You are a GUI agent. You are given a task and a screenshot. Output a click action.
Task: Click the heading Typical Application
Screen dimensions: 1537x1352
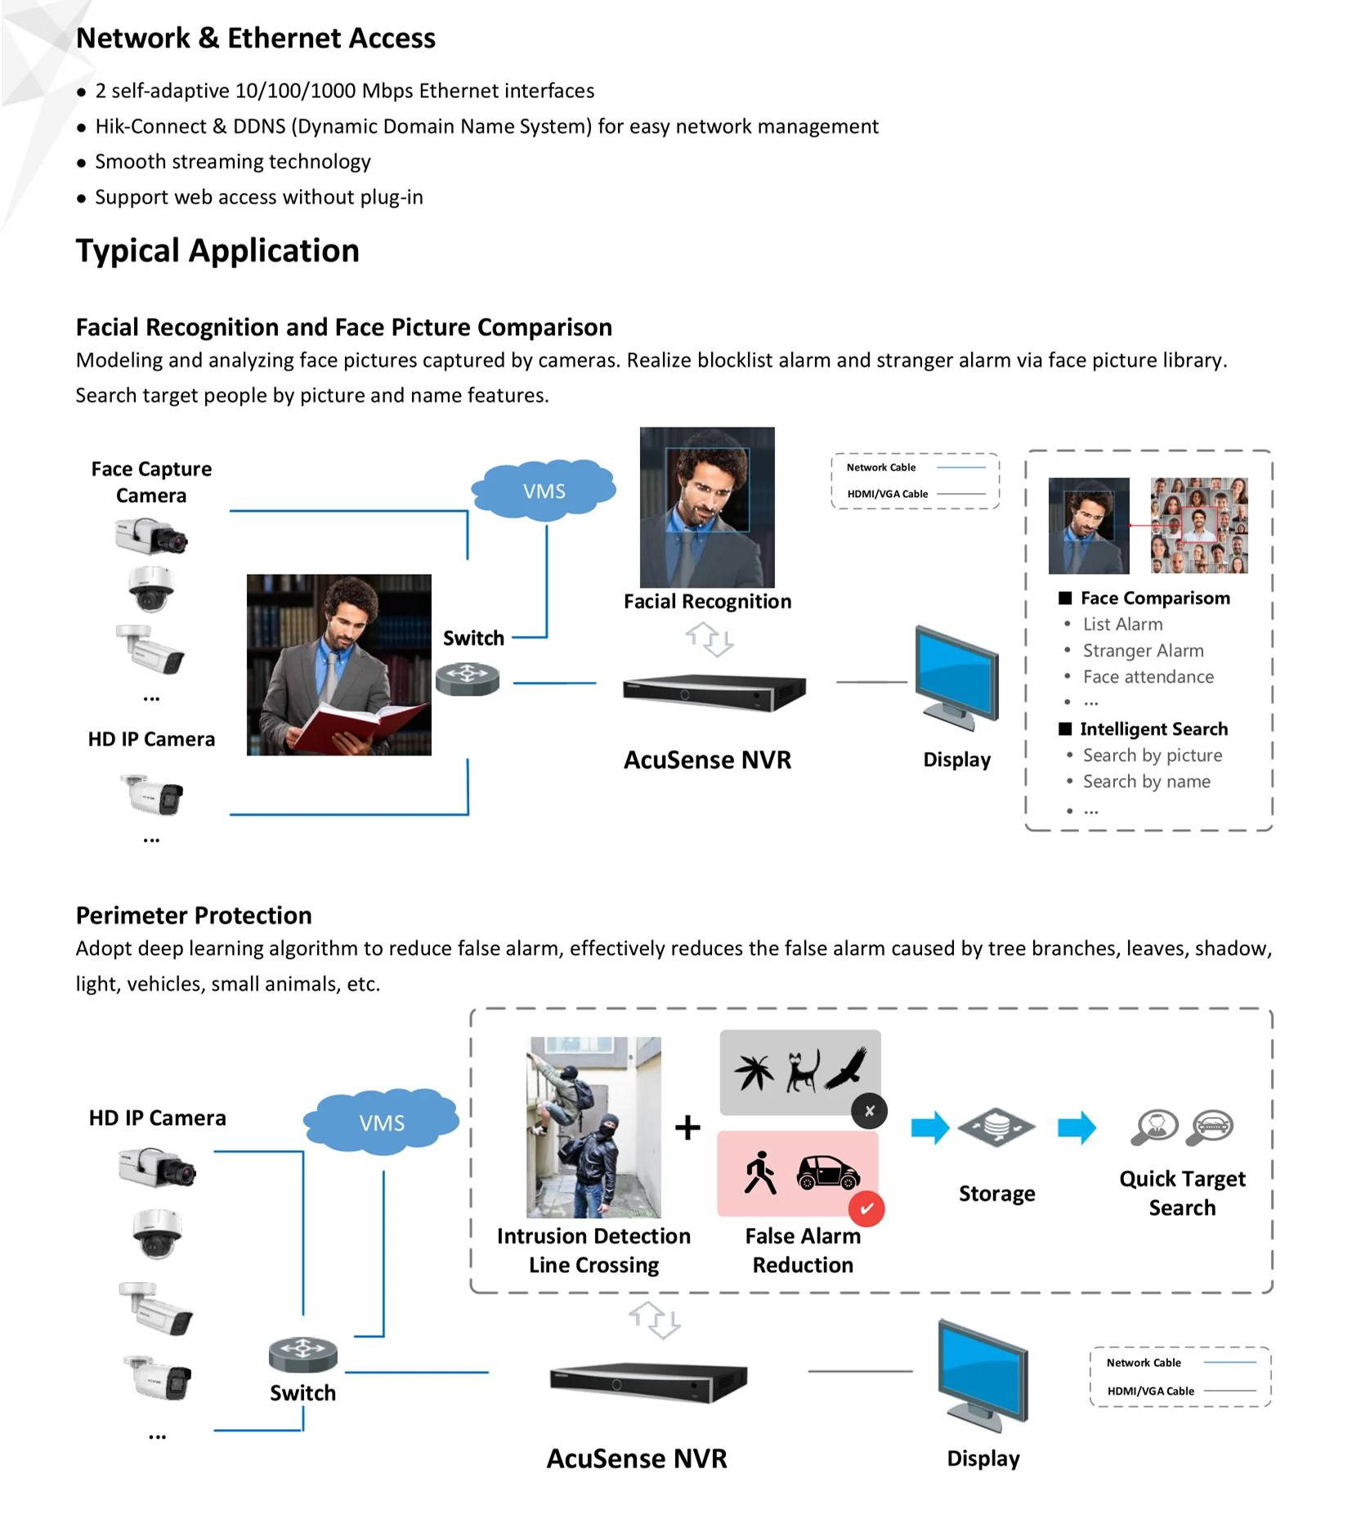[x=217, y=251]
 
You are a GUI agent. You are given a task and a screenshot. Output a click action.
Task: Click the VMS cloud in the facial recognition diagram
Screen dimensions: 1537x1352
[x=544, y=491]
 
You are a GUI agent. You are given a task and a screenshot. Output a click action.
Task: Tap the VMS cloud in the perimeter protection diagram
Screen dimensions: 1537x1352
[x=382, y=1123]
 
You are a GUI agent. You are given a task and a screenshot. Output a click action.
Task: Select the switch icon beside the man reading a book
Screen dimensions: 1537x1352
[x=468, y=678]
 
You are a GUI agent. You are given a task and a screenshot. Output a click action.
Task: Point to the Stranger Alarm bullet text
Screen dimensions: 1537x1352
[x=1143, y=651]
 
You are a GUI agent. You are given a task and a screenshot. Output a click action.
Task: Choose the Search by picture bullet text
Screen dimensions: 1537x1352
[x=1152, y=755]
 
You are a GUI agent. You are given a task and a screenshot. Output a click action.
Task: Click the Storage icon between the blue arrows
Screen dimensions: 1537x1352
[x=996, y=1127]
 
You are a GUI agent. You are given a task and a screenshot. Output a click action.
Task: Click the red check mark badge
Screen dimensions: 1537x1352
[x=866, y=1208]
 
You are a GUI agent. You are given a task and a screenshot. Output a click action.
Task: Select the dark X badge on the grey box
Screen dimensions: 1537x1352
[x=869, y=1110]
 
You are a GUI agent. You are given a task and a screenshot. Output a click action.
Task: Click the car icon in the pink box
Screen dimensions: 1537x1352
[x=827, y=1172]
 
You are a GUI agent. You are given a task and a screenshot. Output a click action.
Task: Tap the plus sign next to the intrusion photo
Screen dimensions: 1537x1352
[x=687, y=1127]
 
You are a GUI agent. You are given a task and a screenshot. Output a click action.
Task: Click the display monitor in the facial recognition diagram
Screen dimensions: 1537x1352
[x=956, y=675]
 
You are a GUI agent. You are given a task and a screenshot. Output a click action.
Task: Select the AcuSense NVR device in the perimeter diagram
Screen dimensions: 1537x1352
[x=648, y=1380]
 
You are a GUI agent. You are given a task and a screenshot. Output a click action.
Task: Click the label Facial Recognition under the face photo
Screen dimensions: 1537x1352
[x=707, y=602]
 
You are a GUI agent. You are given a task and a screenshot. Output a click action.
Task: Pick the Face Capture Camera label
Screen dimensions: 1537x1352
[x=151, y=482]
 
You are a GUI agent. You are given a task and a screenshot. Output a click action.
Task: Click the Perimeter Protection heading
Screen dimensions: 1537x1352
[x=194, y=915]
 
